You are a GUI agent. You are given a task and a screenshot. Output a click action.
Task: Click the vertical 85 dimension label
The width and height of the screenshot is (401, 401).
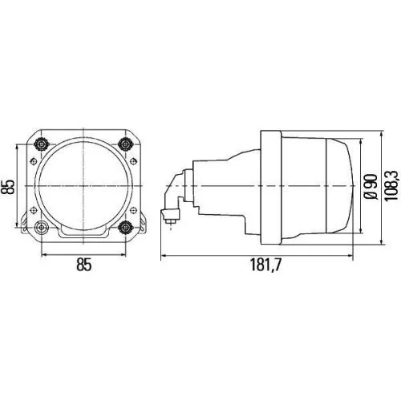(x=9, y=186)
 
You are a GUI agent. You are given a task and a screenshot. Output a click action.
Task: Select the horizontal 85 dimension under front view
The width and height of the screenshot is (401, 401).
(x=83, y=262)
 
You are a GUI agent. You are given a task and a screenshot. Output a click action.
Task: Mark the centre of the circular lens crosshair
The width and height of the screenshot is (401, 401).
(x=83, y=186)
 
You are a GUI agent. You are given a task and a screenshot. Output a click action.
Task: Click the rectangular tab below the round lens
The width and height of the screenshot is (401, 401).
(x=83, y=234)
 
